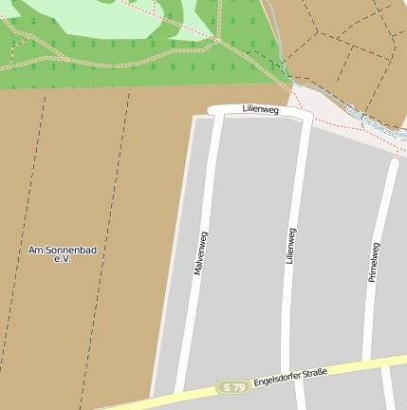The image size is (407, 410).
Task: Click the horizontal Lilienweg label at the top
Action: click(x=259, y=109)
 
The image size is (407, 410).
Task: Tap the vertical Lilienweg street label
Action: click(x=291, y=246)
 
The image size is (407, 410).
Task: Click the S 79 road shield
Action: click(x=232, y=387)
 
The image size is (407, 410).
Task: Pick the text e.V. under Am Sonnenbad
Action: click(x=63, y=259)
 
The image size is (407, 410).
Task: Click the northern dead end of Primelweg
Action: click(x=394, y=162)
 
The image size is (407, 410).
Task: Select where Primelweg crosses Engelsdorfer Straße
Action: click(x=384, y=363)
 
